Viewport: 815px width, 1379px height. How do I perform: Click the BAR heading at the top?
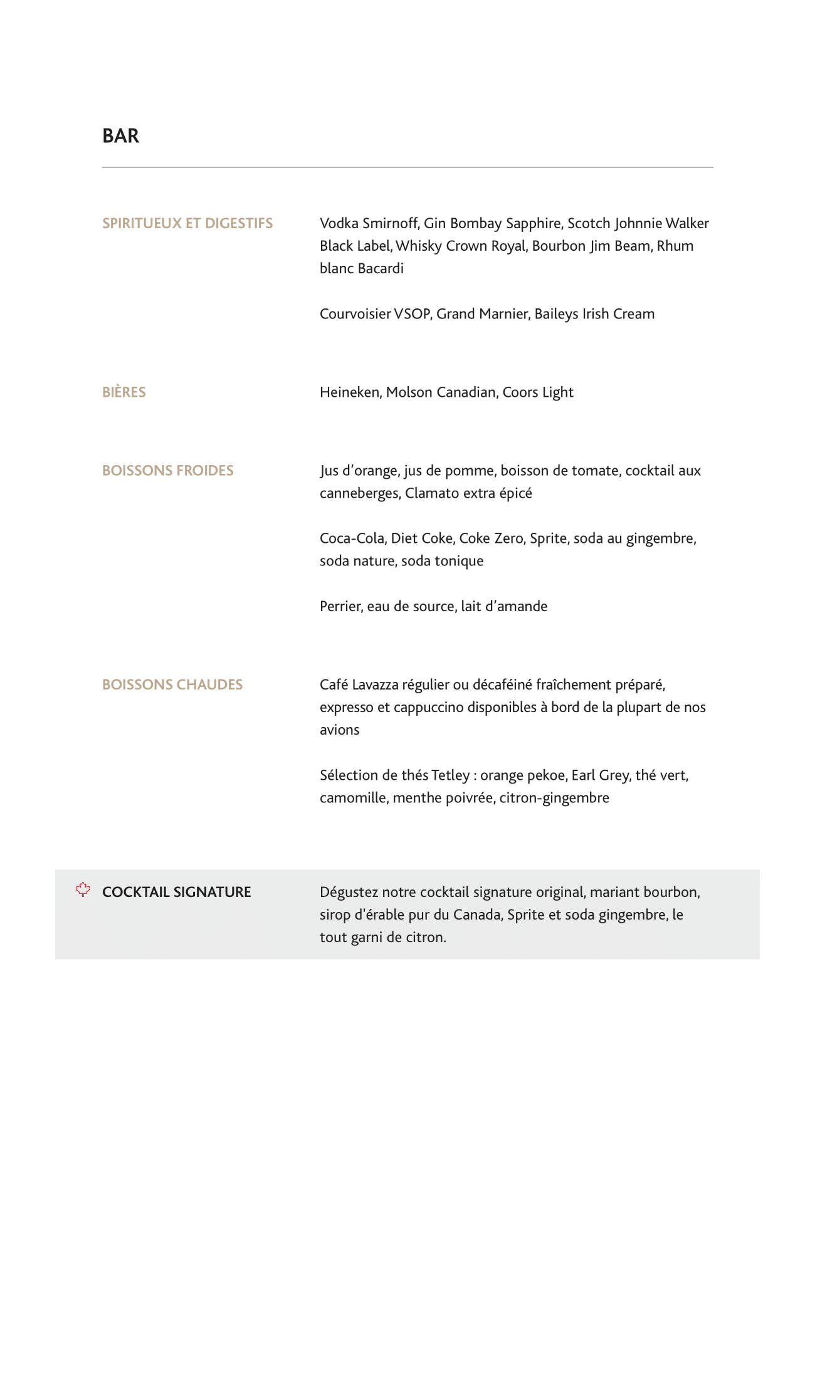[120, 136]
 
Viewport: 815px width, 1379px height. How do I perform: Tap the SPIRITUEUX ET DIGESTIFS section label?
[187, 224]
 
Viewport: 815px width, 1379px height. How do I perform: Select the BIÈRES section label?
[124, 392]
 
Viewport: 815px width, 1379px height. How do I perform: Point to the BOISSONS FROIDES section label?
[168, 471]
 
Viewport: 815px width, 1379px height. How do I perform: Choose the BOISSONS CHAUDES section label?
[172, 684]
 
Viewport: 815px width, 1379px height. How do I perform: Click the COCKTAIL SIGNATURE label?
[176, 892]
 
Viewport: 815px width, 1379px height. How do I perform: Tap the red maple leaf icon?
[83, 889]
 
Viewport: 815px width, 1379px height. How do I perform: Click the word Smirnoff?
[390, 224]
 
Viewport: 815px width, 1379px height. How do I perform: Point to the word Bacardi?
[381, 269]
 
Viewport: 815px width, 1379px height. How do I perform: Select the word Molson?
[409, 392]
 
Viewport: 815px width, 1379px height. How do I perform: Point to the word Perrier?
[340, 607]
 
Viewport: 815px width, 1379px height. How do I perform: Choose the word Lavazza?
[375, 685]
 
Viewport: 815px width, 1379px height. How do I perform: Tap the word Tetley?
[450, 775]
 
